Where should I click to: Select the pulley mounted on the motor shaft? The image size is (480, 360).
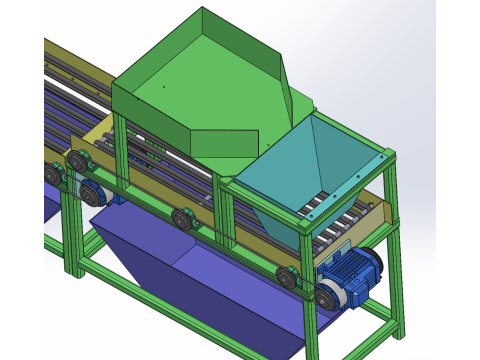[x=329, y=294]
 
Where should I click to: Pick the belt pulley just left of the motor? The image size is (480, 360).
[x=287, y=279]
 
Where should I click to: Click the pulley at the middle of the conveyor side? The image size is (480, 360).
[x=181, y=218]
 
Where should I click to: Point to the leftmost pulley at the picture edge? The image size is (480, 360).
[x=51, y=175]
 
